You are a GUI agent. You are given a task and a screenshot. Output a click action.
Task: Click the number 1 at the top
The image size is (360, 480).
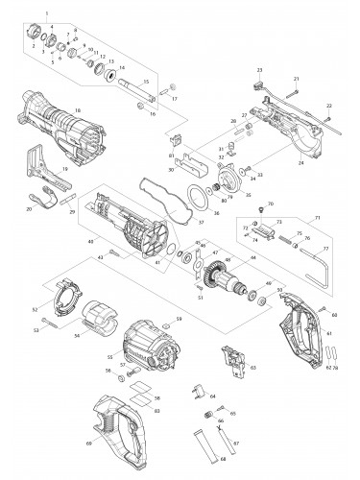point(45,9)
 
